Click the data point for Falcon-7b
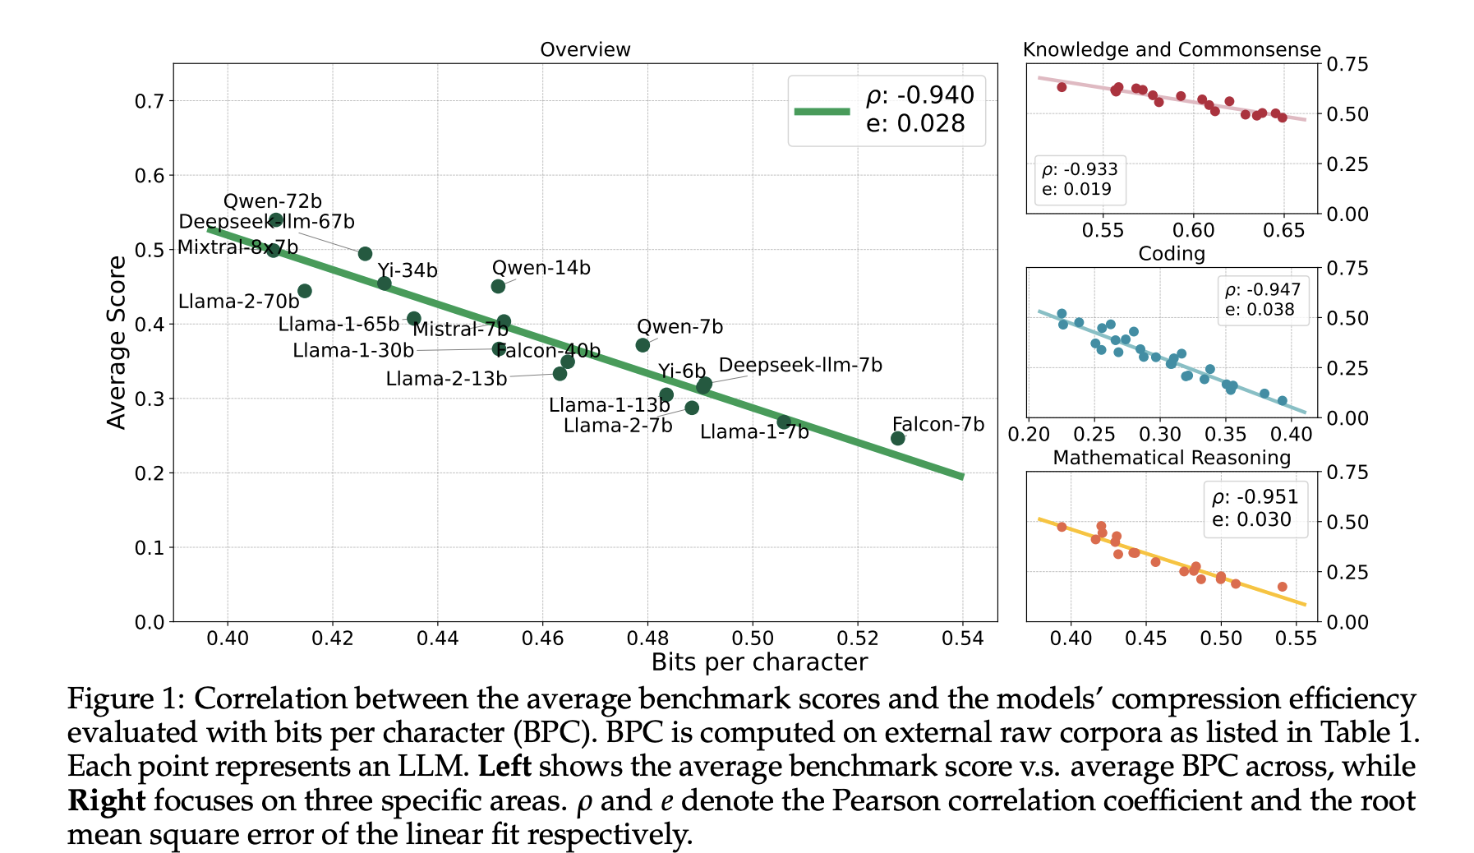[897, 438]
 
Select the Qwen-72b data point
[276, 219]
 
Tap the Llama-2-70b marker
[305, 291]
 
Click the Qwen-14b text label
[541, 268]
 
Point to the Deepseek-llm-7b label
[800, 365]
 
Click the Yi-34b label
[408, 270]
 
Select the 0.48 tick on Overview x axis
[647, 639]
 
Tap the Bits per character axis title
[759, 662]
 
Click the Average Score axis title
[117, 342]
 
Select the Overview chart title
[585, 49]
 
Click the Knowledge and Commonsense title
[1172, 49]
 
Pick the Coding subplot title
[1172, 253]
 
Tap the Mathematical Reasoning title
[1172, 458]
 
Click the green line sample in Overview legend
[822, 111]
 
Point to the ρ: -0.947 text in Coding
[1263, 290]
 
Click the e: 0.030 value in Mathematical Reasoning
[1251, 519]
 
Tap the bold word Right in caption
[107, 800]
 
